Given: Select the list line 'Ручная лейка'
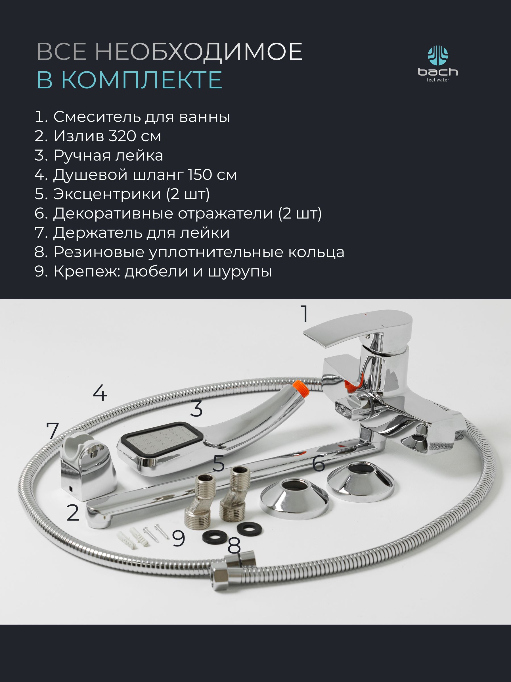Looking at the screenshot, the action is click(99, 155).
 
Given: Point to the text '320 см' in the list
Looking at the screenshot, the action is click(134, 136).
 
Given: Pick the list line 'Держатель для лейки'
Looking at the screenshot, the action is click(132, 233).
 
